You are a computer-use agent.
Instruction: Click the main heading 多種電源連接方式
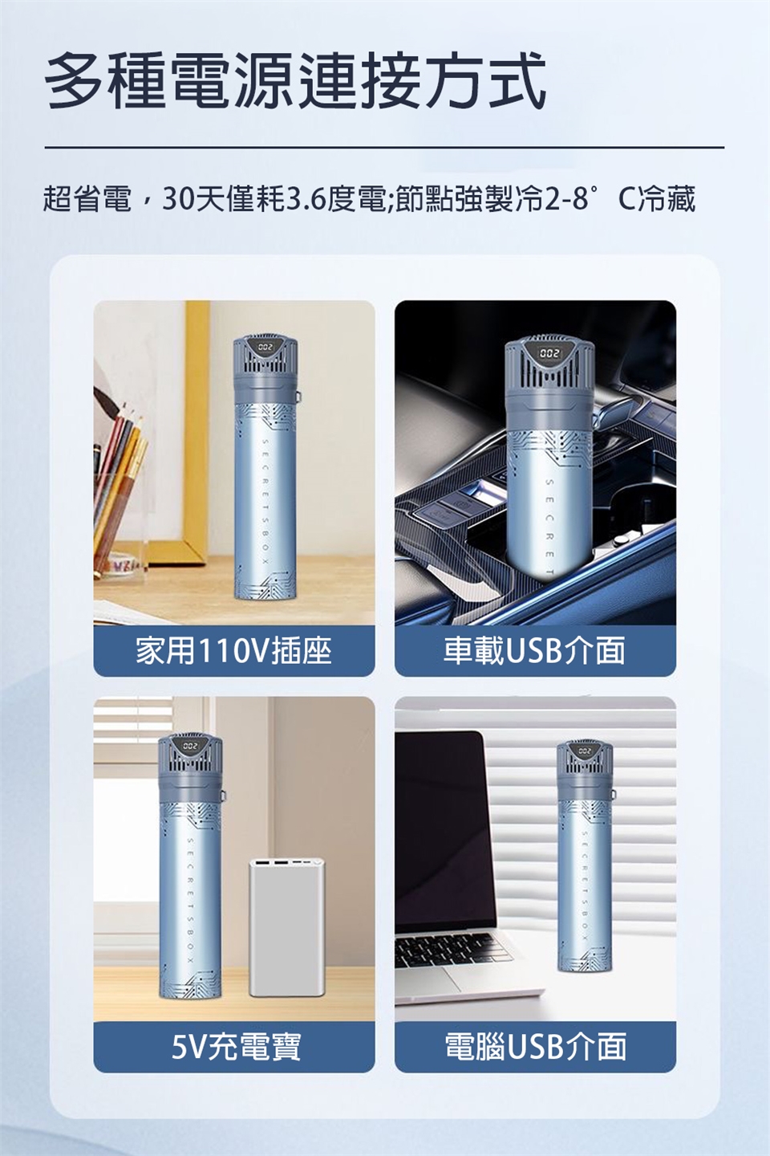click(x=296, y=82)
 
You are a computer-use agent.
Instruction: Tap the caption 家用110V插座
click(x=233, y=650)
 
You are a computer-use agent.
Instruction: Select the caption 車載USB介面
click(x=534, y=650)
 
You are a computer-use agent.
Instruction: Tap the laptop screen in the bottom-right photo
click(x=441, y=826)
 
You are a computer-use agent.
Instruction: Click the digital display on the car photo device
click(x=549, y=354)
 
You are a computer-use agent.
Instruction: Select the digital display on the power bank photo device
click(x=190, y=746)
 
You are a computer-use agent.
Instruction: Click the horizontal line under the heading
click(x=385, y=148)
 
